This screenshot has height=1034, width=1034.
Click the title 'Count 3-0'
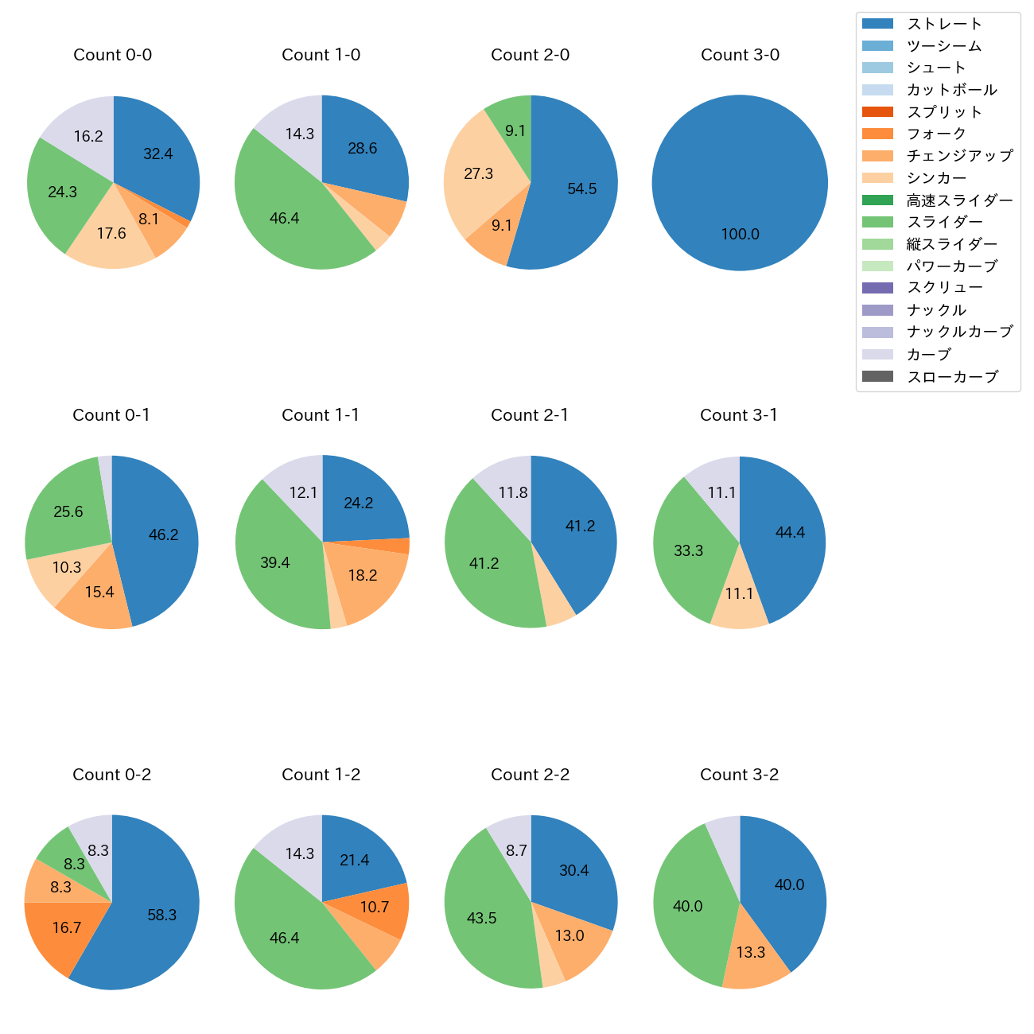740,55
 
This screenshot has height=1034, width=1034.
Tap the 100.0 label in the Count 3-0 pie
740,234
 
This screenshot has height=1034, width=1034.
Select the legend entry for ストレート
944,24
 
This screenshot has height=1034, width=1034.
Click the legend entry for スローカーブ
952,377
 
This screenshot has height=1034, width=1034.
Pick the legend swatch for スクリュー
877,288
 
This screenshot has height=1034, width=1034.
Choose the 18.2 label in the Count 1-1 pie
363,575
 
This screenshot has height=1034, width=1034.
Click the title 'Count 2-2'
531,775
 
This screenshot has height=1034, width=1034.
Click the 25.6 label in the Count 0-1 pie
68,512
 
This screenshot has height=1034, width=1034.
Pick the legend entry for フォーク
936,134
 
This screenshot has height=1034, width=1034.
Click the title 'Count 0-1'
111,415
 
